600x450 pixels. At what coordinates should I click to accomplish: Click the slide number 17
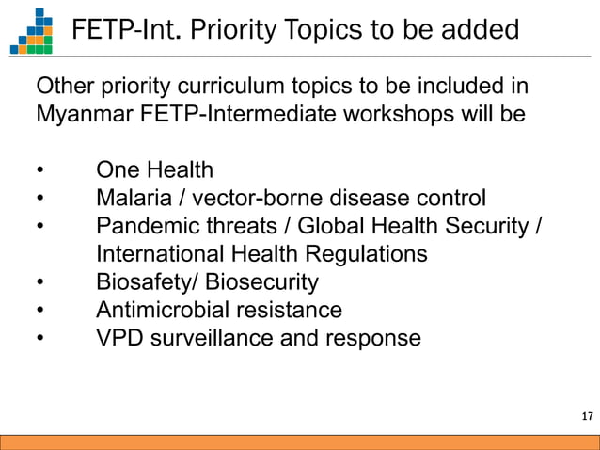coord(587,417)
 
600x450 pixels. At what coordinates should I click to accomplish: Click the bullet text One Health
coord(154,170)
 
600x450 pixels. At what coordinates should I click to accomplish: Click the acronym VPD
coord(118,338)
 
